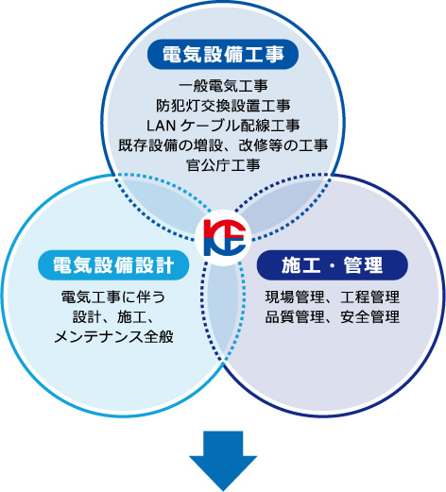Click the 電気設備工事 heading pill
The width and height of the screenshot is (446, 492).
point(223,54)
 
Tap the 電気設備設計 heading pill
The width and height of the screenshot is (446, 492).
point(113,265)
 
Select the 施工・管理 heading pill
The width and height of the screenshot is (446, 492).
point(333,265)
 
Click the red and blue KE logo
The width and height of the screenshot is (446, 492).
point(224,238)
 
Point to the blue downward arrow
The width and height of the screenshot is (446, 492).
point(223,461)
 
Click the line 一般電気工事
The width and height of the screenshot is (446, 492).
point(223,86)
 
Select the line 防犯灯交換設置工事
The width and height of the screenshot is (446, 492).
point(223,106)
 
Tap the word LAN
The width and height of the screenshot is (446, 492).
point(161,126)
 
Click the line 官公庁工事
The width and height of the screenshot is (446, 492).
point(223,165)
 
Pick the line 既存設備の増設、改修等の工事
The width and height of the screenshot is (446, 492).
point(223,145)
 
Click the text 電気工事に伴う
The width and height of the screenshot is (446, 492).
point(113,297)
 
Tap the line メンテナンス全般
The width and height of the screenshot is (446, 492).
point(113,337)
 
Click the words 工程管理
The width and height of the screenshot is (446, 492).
point(369,297)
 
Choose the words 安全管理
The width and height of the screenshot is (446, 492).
point(369,317)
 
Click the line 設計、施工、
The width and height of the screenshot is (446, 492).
point(113,317)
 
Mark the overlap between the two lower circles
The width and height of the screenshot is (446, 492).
point(223,310)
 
